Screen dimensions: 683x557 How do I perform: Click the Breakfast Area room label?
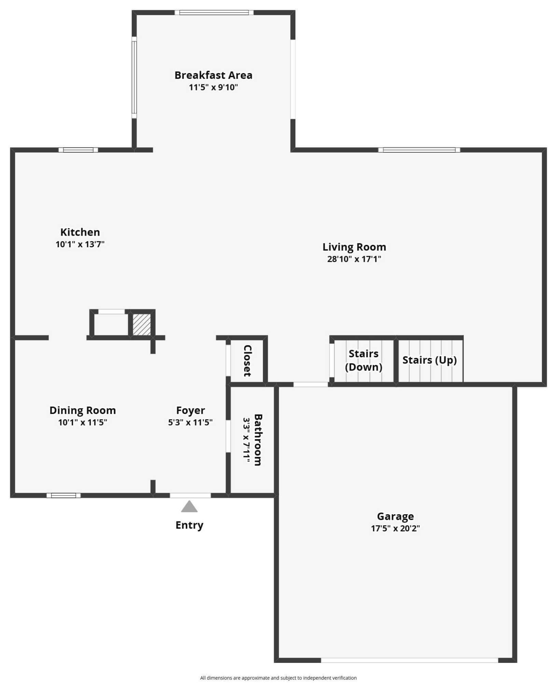(x=213, y=75)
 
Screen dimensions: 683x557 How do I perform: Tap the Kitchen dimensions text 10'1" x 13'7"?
(x=80, y=244)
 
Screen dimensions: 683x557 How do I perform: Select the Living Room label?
(x=354, y=247)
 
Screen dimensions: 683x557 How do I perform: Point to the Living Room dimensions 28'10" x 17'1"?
(x=354, y=259)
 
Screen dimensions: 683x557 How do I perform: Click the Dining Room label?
(x=83, y=410)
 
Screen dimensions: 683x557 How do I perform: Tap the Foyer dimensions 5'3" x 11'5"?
(x=190, y=422)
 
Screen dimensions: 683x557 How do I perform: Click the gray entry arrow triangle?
(x=189, y=507)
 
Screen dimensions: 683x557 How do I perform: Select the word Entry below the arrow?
(x=189, y=525)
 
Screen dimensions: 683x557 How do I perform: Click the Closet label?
(x=247, y=361)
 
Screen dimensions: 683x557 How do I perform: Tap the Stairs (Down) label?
(x=363, y=360)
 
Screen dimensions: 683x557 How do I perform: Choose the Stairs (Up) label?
(x=429, y=360)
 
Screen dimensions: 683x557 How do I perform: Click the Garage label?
(x=395, y=516)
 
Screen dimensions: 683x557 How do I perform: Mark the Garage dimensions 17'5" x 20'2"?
(x=395, y=528)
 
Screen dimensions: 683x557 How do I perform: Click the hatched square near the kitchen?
(x=141, y=325)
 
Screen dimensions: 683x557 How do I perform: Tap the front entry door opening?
(x=190, y=495)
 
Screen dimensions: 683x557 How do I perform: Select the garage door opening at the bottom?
(x=409, y=660)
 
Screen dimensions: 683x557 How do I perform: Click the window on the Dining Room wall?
(x=64, y=495)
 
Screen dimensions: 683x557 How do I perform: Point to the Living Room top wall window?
(x=419, y=150)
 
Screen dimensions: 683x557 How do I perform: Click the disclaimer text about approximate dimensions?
(x=278, y=678)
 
